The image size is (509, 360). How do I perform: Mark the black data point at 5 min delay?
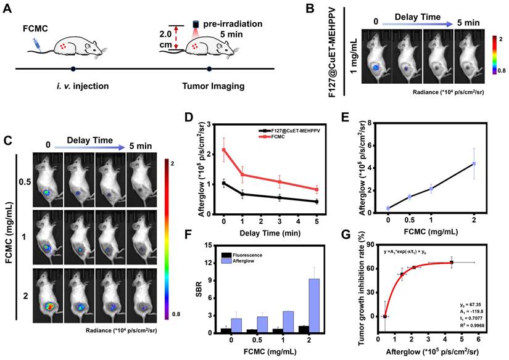[317, 202]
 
